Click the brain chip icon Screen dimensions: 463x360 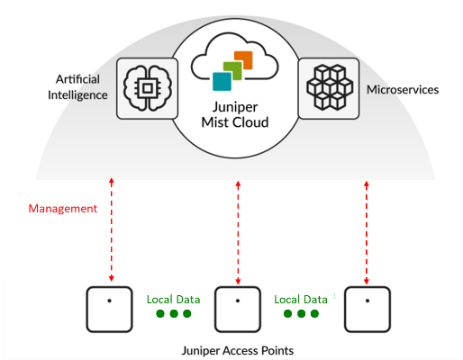[148, 88]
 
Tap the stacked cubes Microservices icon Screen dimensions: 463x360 [330, 87]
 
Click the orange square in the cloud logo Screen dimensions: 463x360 [243, 60]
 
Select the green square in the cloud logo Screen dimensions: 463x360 [232, 71]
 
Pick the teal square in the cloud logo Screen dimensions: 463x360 [222, 81]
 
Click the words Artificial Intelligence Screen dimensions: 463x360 [77, 87]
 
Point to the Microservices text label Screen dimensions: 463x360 [403, 90]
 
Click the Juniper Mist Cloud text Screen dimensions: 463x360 [235, 115]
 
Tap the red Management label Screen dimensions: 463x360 [63, 209]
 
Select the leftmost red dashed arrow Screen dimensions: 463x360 [112, 229]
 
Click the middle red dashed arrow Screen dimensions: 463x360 [238, 232]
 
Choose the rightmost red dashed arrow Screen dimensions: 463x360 [367, 232]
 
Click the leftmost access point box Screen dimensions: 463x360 [110, 310]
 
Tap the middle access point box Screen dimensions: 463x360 [238, 310]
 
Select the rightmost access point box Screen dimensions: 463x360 [368, 310]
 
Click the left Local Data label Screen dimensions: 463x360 [173, 300]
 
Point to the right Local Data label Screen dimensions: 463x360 [301, 300]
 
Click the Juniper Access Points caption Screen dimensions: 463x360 [238, 350]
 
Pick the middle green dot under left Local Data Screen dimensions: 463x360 [174, 314]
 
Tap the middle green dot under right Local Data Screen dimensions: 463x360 [301, 314]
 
